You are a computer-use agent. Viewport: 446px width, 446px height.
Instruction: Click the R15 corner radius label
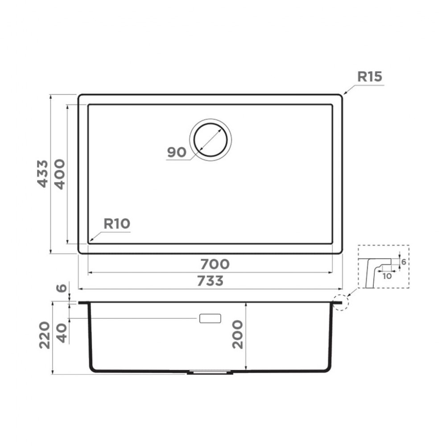370,77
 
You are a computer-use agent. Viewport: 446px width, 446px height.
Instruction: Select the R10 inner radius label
116,224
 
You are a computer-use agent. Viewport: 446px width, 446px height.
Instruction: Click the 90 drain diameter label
176,153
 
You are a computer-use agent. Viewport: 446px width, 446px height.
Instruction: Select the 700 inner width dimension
215,264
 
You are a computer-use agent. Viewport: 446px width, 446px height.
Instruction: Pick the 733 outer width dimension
211,281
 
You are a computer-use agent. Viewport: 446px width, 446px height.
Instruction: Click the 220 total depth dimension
45,337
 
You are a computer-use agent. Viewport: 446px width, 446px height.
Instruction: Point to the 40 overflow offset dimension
63,332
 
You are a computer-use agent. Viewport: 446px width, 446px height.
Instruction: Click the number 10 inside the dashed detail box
387,276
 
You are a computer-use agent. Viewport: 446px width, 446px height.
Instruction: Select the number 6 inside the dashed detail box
403,262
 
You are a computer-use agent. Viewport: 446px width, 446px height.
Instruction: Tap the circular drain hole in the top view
211,138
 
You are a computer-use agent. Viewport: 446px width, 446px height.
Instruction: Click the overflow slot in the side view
210,318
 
